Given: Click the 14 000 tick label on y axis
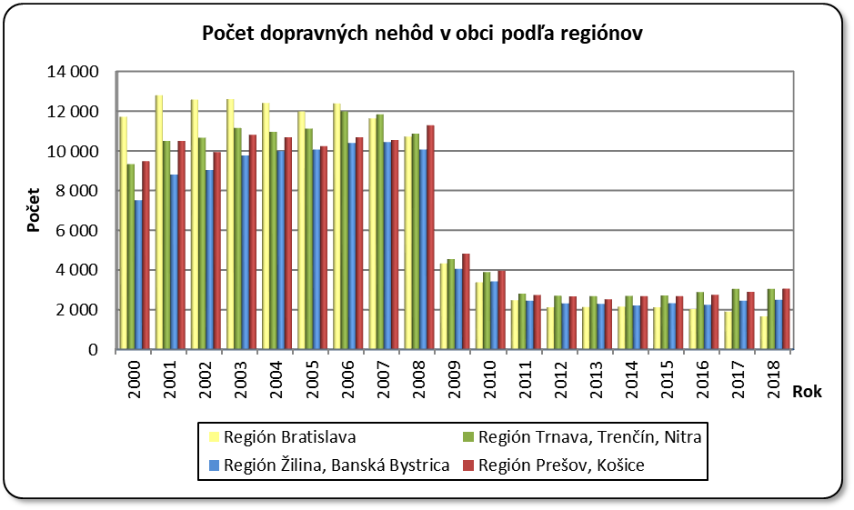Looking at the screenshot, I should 76,72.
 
